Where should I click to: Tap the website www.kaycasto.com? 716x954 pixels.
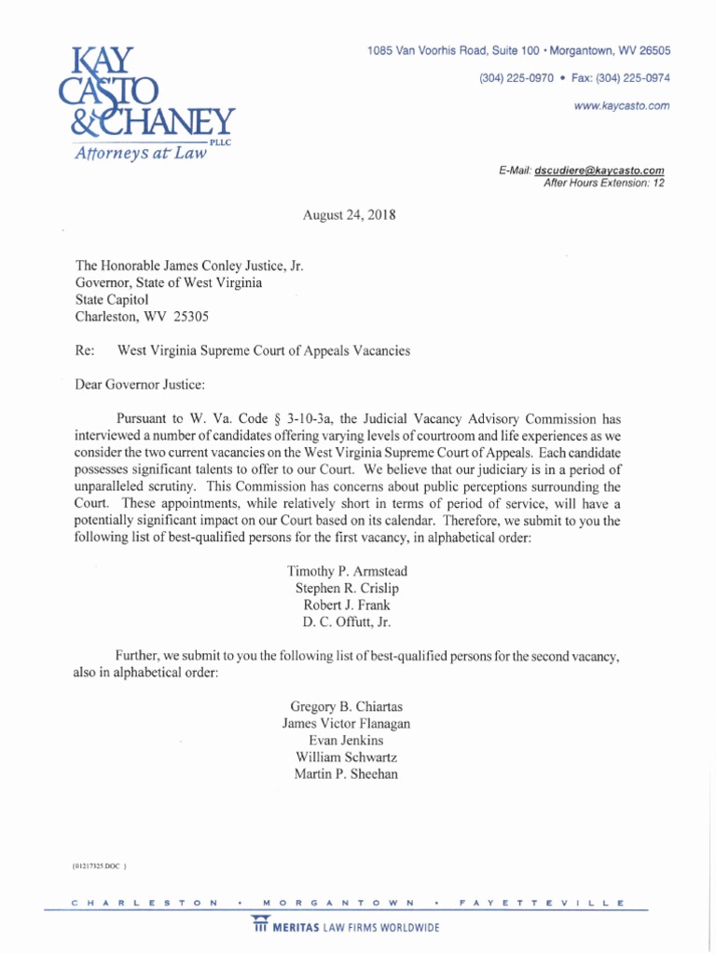(623, 106)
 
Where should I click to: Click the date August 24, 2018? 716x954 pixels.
(350, 215)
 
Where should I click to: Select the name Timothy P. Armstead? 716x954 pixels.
(347, 571)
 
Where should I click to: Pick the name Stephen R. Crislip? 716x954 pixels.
(347, 589)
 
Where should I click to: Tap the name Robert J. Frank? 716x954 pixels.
(347, 606)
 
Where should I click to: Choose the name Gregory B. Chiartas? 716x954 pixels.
(346, 705)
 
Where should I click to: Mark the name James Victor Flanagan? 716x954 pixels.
(346, 723)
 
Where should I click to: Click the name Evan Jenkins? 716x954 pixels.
(346, 740)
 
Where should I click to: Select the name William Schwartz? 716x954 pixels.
(346, 756)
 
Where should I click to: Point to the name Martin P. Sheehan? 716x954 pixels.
(346, 774)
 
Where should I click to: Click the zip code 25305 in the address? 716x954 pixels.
(191, 317)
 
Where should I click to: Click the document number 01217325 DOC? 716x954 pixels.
(98, 866)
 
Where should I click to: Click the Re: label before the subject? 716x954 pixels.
(85, 351)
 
